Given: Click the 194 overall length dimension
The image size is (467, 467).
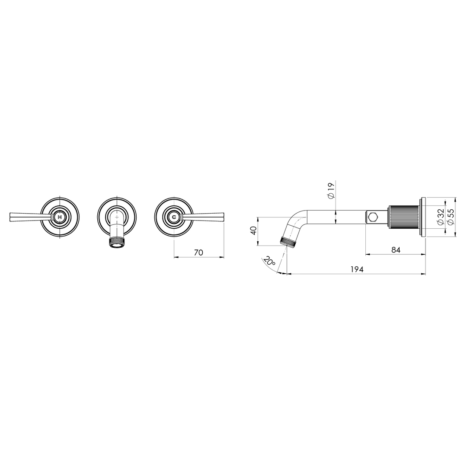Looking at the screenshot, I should [357, 269].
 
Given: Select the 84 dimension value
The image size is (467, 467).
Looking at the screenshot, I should [396, 250].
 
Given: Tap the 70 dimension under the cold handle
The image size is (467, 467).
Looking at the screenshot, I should [198, 253].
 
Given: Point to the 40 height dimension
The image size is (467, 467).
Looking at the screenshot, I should [254, 230].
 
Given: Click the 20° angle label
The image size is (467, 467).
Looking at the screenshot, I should [269, 261].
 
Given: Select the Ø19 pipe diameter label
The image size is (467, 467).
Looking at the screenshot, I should [331, 191].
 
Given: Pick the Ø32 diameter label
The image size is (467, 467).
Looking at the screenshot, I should [440, 217].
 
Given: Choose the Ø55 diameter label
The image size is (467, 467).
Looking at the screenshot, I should [451, 217].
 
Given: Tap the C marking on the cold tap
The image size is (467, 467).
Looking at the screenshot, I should [174, 217].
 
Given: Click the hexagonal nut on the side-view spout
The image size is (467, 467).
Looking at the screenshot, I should [373, 217].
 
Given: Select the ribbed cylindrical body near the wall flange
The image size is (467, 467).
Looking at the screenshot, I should [404, 217].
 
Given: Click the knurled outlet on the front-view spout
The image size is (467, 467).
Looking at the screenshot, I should [117, 241].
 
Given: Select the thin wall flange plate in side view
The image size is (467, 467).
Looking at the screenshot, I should [423, 217].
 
